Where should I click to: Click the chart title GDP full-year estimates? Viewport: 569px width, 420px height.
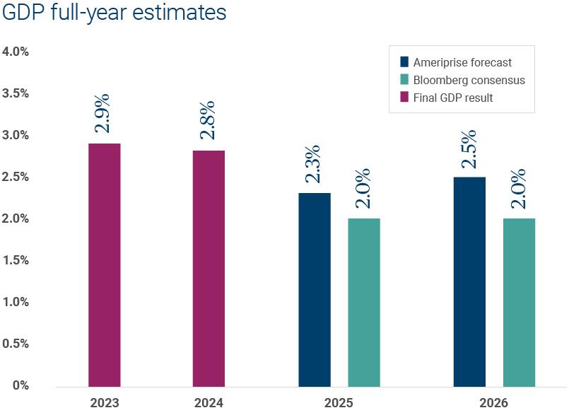115,13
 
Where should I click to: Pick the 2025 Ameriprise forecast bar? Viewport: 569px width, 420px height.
315,290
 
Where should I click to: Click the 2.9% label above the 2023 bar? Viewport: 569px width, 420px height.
103,116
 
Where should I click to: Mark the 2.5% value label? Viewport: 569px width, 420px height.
468,149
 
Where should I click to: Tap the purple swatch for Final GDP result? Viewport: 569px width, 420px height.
404,98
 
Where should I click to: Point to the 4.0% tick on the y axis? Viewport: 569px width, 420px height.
16,52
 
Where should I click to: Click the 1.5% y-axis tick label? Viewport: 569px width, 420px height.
16,260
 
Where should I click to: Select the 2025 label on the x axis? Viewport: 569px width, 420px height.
339,403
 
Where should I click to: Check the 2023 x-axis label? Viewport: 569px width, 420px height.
105,403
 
